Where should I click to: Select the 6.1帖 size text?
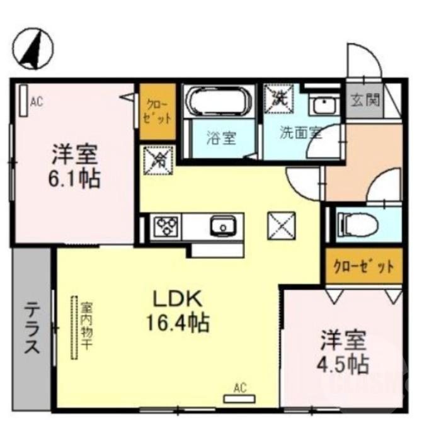tap(74, 179)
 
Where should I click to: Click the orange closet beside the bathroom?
tap(157, 111)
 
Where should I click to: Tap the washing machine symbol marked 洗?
tap(277, 98)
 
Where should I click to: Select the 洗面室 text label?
tap(300, 135)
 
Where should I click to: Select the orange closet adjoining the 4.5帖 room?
tap(363, 266)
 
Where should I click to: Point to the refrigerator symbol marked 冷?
tap(154, 160)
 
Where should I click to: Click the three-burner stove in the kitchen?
tap(168, 225)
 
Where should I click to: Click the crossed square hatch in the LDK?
tap(280, 224)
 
